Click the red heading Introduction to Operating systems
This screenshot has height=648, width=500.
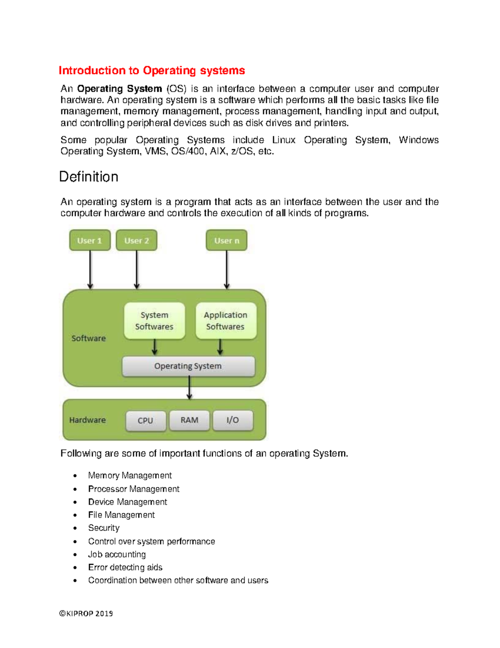152,71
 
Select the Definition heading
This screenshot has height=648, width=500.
89,177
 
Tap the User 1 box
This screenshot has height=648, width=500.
90,240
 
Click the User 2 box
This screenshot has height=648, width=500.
137,240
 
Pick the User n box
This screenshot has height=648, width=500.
227,240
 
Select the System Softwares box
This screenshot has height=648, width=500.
154,321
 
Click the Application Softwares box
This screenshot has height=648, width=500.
225,321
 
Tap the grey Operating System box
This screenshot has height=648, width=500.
188,366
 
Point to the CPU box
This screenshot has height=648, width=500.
145,421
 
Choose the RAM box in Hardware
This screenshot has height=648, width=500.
189,420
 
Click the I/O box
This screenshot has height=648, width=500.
232,420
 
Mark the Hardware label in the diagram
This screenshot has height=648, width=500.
87,420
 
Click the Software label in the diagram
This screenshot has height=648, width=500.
88,338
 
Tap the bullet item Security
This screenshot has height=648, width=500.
104,528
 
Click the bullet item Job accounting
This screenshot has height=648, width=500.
117,555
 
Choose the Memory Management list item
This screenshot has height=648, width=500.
130,476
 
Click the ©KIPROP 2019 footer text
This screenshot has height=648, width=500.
86,613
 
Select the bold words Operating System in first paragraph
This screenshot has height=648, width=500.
120,89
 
